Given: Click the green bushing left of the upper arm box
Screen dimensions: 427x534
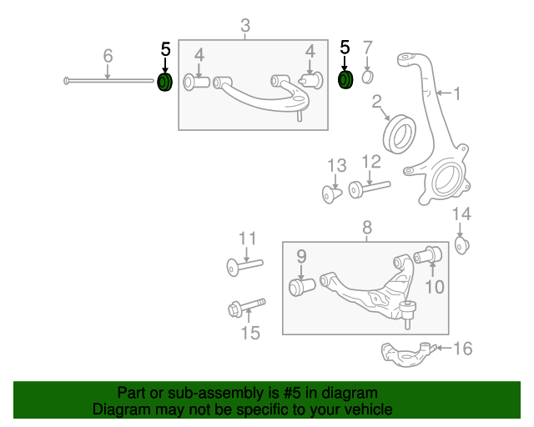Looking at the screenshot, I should pyautogui.click(x=165, y=83).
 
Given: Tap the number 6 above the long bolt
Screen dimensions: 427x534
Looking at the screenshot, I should pyautogui.click(x=108, y=56).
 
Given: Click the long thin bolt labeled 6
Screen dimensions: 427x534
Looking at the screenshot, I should pyautogui.click(x=108, y=81).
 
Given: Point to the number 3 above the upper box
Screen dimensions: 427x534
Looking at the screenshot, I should pyautogui.click(x=244, y=28).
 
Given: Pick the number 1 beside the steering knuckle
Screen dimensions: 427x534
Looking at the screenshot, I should pyautogui.click(x=456, y=93).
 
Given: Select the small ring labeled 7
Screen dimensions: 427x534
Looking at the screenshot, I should pyautogui.click(x=368, y=78).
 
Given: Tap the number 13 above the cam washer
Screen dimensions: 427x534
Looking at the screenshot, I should pyautogui.click(x=335, y=164).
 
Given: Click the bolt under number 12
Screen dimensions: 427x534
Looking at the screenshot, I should pyautogui.click(x=366, y=188).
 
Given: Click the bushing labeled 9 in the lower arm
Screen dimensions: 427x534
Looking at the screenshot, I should pyautogui.click(x=300, y=287).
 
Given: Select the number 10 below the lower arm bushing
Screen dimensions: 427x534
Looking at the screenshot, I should pyautogui.click(x=434, y=287).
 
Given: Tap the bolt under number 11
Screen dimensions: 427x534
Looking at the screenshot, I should pyautogui.click(x=244, y=266).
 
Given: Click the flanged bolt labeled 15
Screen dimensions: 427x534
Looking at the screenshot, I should pyautogui.click(x=244, y=308).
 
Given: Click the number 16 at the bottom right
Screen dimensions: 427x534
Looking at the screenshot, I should pyautogui.click(x=462, y=349).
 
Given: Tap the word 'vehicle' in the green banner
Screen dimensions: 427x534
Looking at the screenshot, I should pyautogui.click(x=367, y=409).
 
